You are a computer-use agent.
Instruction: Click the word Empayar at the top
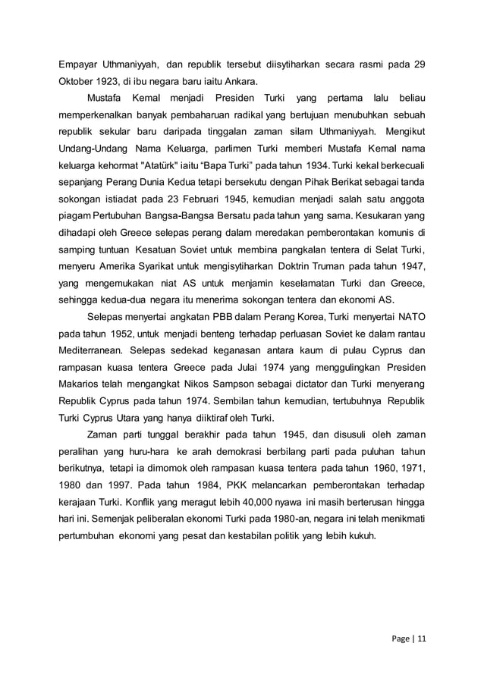tap(80, 64)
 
